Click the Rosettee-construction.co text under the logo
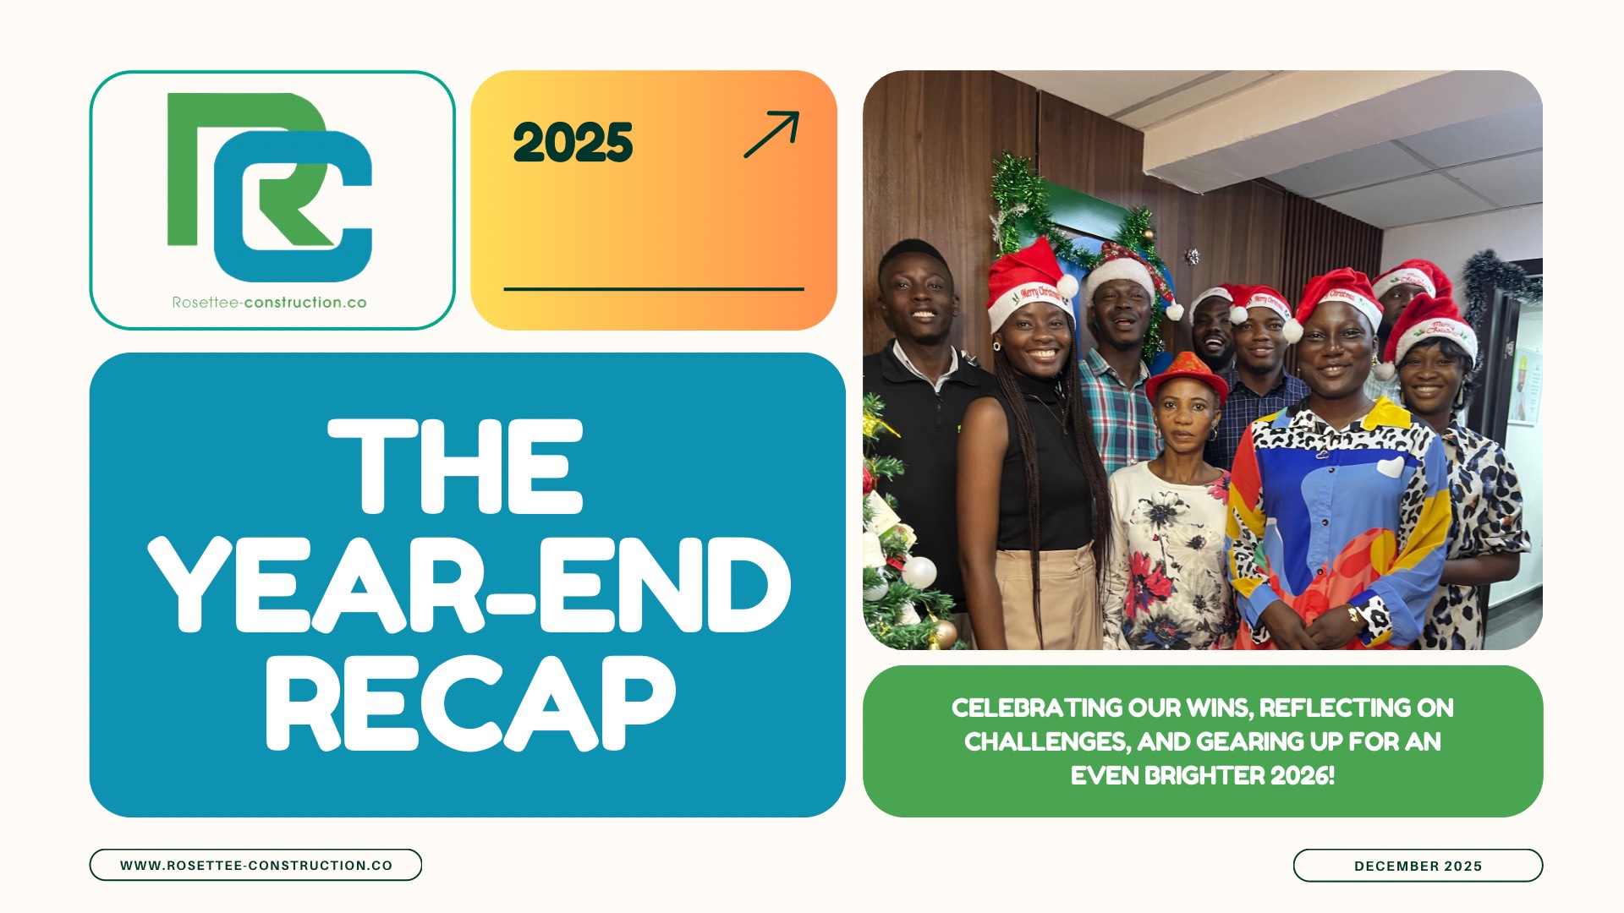click(x=269, y=303)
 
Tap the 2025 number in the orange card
click(x=573, y=142)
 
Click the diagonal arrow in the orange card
click(x=771, y=135)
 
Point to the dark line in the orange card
click(x=654, y=289)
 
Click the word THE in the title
click(x=456, y=466)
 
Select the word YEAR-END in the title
click(x=469, y=584)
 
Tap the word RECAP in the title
click(x=471, y=703)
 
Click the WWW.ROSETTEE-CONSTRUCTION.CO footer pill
click(x=255, y=865)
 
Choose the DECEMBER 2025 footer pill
click(x=1418, y=866)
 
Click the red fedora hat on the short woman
click(x=1187, y=378)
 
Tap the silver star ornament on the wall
click(x=1192, y=256)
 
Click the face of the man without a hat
click(x=916, y=298)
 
